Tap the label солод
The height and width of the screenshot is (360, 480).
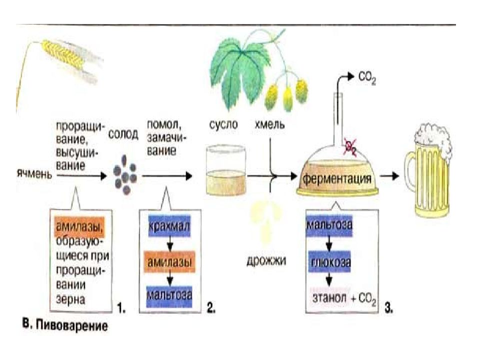(123, 134)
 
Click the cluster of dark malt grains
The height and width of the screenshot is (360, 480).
(124, 175)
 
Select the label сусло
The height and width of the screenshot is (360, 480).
(223, 124)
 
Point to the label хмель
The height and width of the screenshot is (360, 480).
(269, 124)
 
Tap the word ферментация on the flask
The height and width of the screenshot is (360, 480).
(337, 178)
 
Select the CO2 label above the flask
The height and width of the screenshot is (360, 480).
(366, 78)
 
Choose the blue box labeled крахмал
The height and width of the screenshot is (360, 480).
(169, 226)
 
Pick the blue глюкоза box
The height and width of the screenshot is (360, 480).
(330, 262)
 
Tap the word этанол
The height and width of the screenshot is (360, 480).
(329, 297)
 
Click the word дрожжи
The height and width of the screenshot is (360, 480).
(266, 260)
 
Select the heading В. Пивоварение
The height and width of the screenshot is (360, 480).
(65, 324)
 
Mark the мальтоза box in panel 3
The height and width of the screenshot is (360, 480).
(329, 226)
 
